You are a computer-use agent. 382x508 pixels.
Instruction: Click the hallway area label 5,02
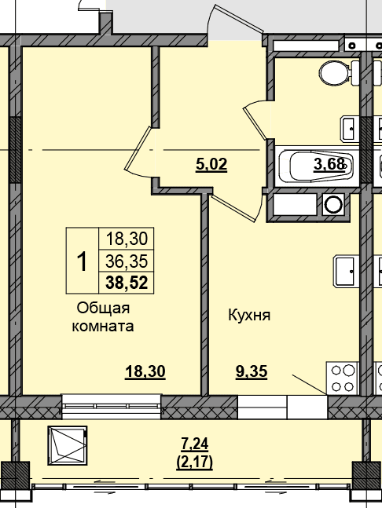[211, 165]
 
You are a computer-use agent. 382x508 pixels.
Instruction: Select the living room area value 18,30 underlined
[145, 371]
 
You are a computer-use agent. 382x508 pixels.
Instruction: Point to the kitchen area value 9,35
[252, 371]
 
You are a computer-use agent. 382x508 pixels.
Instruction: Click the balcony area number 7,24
[195, 444]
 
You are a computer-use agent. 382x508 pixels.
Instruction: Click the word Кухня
[249, 315]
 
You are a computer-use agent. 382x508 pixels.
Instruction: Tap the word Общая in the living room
[103, 308]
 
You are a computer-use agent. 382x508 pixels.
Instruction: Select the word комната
[102, 326]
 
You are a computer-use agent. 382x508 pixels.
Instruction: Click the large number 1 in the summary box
[83, 261]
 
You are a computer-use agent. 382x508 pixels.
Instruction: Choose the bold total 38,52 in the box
[127, 283]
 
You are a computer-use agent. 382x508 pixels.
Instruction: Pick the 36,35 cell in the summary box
[127, 261]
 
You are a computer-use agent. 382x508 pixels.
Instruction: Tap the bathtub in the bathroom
[317, 166]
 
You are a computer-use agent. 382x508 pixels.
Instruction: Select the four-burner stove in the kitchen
[343, 378]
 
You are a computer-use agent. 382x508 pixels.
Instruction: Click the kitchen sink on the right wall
[347, 271]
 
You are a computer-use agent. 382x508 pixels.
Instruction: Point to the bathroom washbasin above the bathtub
[350, 129]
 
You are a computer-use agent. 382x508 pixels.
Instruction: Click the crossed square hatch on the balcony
[68, 445]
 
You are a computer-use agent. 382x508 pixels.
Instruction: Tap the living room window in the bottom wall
[112, 406]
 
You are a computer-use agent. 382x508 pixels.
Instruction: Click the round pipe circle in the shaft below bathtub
[333, 205]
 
